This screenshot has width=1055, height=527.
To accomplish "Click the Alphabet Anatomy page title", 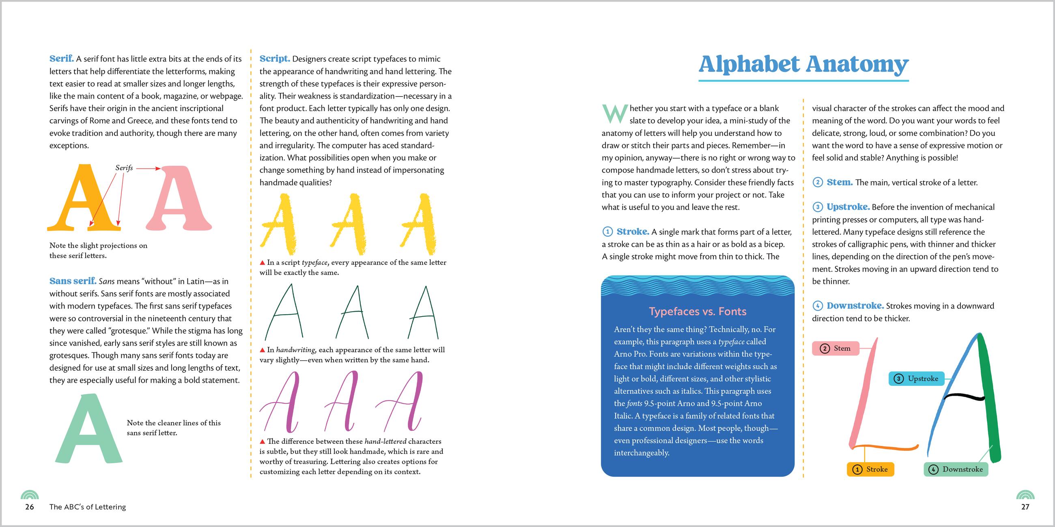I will pyautogui.click(x=803, y=64).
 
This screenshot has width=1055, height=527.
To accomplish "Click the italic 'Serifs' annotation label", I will pyautogui.click(x=124, y=168).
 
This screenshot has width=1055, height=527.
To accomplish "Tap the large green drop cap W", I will pyautogui.click(x=614, y=114).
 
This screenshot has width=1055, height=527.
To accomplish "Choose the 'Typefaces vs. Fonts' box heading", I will pyautogui.click(x=698, y=312).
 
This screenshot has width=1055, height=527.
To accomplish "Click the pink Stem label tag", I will pyautogui.click(x=835, y=349).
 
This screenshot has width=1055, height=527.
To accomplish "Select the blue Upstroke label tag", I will pyautogui.click(x=916, y=379).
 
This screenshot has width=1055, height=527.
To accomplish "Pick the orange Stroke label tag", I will pyautogui.click(x=870, y=469).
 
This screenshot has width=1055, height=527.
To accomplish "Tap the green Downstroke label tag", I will pyautogui.click(x=956, y=469).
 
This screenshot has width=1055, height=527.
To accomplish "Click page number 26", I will pyautogui.click(x=30, y=507).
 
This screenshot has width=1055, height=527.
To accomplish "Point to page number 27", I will pyautogui.click(x=1025, y=507).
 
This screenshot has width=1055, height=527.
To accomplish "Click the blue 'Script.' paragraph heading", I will pyautogui.click(x=274, y=59).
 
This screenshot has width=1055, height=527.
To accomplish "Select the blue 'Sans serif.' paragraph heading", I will pyautogui.click(x=73, y=281).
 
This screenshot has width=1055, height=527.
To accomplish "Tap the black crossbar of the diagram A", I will pyautogui.click(x=965, y=396).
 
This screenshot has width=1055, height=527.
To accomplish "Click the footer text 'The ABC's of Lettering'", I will pyautogui.click(x=88, y=507).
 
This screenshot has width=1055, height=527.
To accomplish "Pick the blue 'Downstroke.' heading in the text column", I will pyautogui.click(x=855, y=306).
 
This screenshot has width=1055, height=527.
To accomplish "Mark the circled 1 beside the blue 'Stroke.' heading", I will pyautogui.click(x=607, y=232).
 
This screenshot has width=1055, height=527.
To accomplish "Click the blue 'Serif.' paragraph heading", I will pyautogui.click(x=61, y=59).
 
